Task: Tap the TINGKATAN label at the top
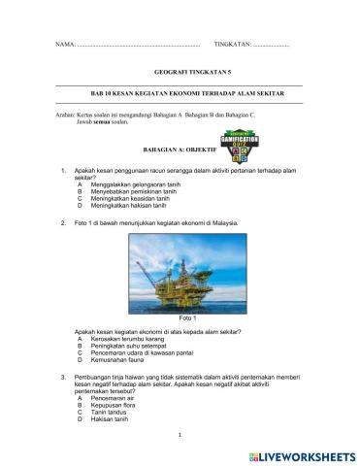(232, 47)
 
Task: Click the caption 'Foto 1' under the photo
(188, 319)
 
